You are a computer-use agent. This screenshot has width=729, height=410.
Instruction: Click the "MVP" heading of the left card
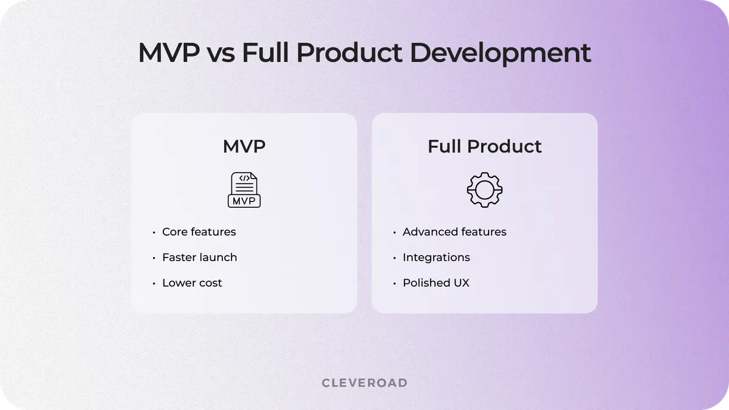click(x=244, y=146)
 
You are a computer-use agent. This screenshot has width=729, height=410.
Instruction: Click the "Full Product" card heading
click(x=484, y=146)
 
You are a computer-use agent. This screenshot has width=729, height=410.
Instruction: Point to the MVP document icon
click(x=244, y=190)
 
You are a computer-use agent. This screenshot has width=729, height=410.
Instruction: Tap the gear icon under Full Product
click(x=484, y=190)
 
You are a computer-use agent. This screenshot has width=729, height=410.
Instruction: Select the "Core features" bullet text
click(x=199, y=232)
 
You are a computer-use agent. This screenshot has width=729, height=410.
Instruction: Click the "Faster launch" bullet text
click(x=199, y=258)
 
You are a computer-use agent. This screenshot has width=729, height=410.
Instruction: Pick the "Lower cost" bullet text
click(x=192, y=283)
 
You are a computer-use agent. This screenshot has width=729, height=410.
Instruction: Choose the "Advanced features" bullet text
click(x=454, y=232)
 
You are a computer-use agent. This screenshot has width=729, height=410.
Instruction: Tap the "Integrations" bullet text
click(x=436, y=258)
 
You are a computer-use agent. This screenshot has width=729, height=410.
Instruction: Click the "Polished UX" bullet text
click(x=436, y=283)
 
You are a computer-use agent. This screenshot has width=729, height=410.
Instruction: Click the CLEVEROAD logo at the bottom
click(x=364, y=383)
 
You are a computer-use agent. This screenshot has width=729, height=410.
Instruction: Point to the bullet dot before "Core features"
click(x=153, y=233)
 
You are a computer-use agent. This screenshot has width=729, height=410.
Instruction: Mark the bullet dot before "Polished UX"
click(x=394, y=284)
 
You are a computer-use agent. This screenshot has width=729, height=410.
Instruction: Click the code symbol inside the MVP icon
click(x=244, y=179)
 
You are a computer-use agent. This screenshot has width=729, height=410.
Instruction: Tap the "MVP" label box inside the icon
click(x=244, y=200)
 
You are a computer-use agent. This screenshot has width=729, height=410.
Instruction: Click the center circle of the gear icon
click(x=484, y=190)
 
